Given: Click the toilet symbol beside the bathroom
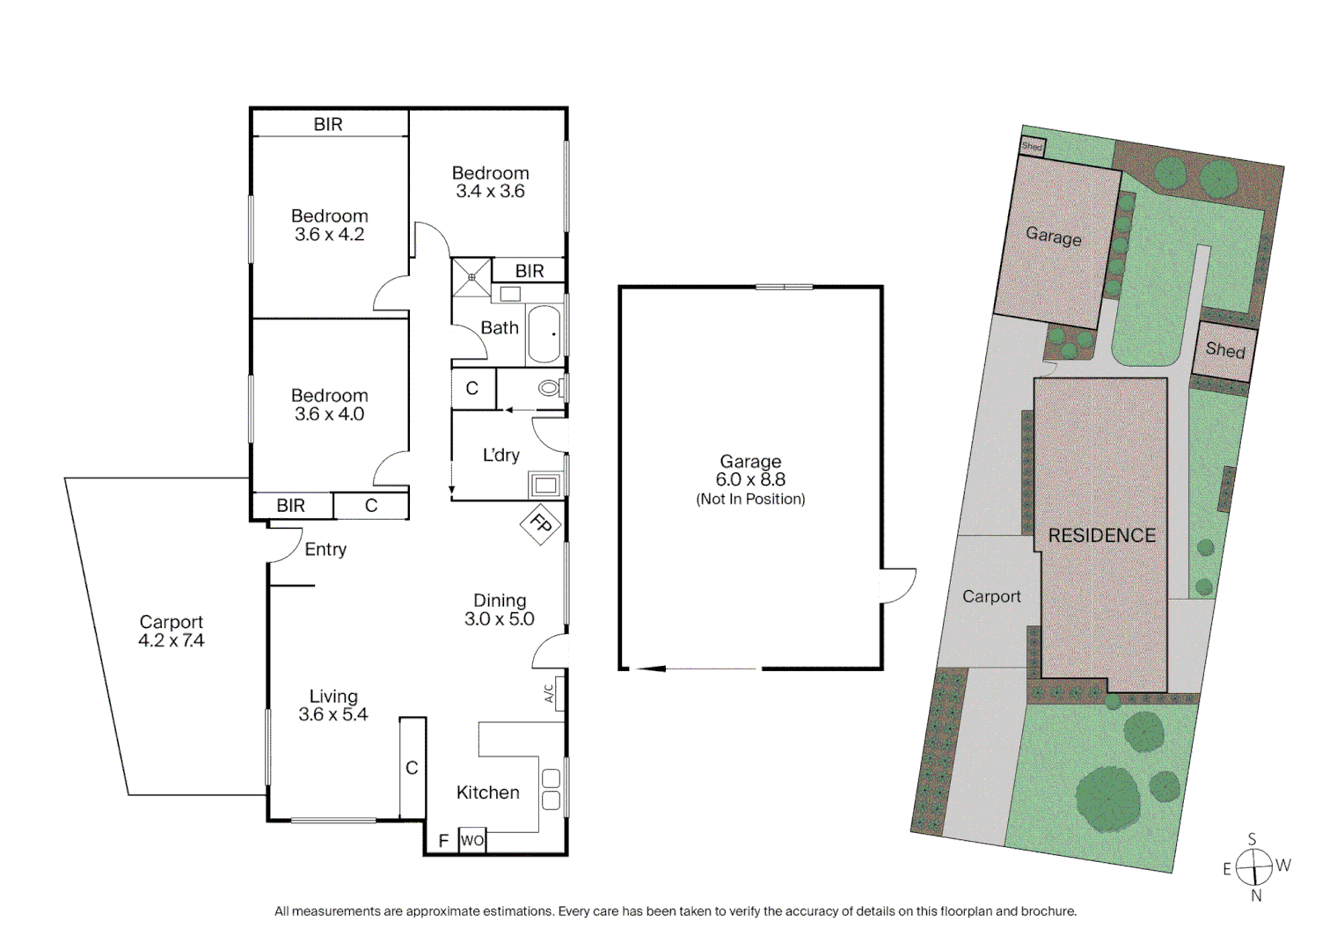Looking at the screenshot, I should click(550, 388).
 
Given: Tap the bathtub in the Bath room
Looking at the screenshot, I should click(544, 334).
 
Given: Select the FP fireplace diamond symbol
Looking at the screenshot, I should click(541, 525).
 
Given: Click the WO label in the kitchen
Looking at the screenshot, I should click(472, 840).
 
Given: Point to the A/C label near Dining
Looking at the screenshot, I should click(550, 694).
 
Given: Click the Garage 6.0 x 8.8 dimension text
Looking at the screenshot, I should click(750, 479).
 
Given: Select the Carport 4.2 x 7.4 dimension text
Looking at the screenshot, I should click(171, 641).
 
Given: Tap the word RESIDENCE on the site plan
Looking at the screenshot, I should click(1101, 536).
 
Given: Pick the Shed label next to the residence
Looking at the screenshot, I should click(1224, 350).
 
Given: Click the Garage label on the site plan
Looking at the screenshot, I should click(1053, 237).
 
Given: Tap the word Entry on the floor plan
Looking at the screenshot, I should click(325, 550).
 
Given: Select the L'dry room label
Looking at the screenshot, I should click(500, 456).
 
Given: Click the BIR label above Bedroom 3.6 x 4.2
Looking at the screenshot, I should click(328, 125).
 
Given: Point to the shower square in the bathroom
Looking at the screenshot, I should click(471, 277).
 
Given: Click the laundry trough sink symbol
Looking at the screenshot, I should click(545, 485).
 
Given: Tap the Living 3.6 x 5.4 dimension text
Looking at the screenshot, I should click(332, 715).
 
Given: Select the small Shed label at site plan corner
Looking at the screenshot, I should click(1032, 147).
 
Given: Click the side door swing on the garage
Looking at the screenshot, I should click(898, 585).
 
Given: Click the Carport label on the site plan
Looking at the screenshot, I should click(991, 596).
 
